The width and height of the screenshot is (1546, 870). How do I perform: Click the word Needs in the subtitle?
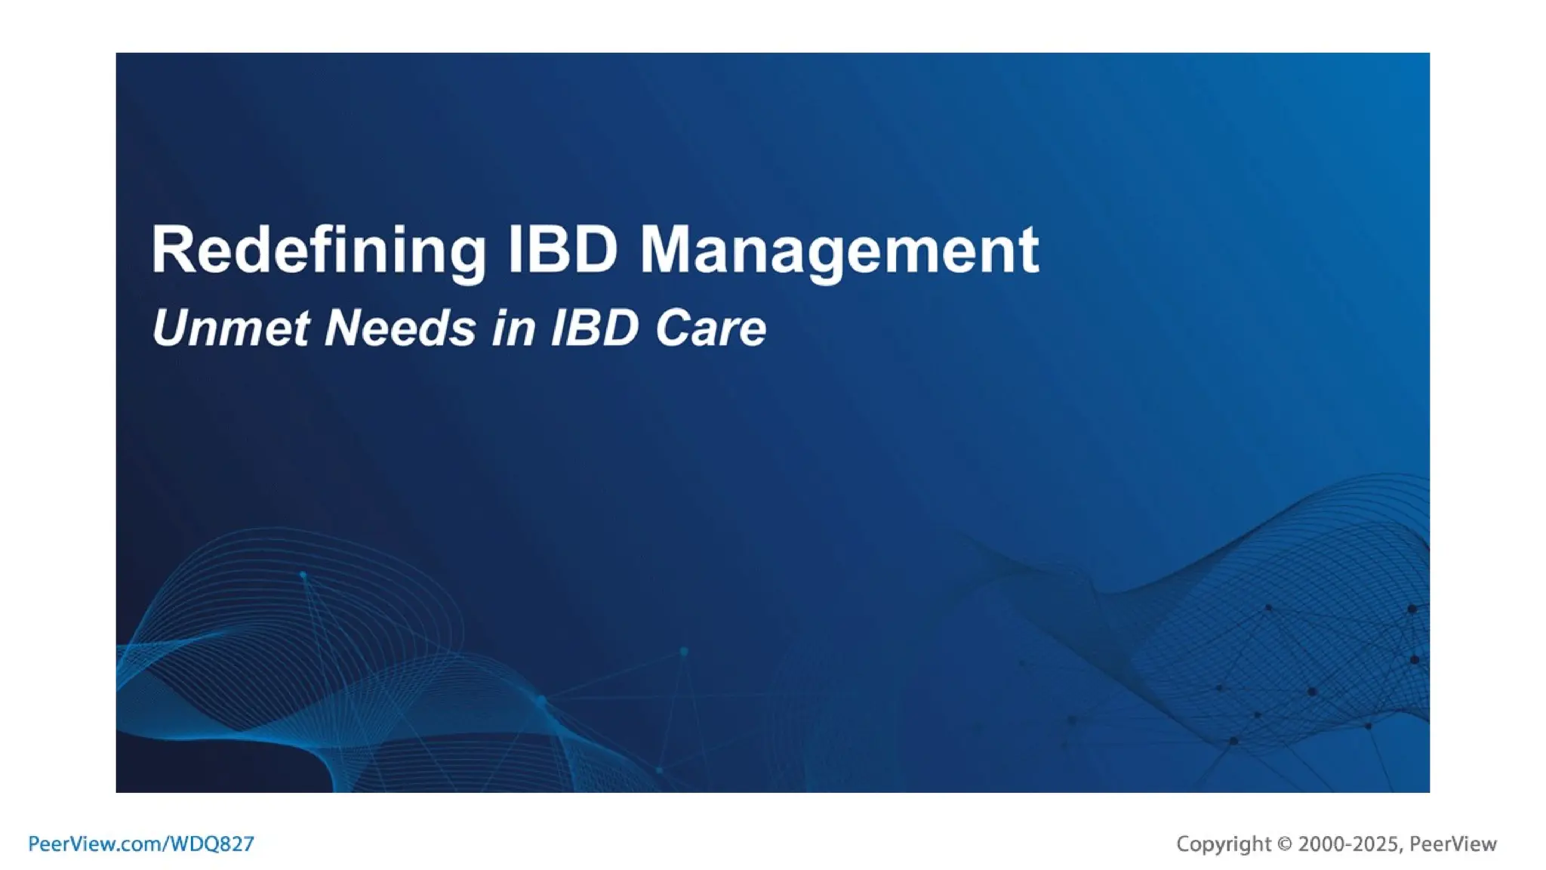[x=400, y=329]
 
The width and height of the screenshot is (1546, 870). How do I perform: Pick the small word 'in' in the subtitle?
[x=513, y=329]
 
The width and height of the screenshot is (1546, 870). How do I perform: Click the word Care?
[x=710, y=329]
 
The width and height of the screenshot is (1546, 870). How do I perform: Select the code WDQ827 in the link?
[x=212, y=844]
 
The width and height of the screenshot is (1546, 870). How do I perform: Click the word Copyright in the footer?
[x=1224, y=844]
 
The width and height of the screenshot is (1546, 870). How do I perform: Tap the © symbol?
[x=1285, y=844]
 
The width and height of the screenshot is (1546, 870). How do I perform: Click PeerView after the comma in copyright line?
[x=1453, y=844]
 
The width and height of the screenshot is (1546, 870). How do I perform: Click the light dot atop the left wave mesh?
[x=303, y=575]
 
